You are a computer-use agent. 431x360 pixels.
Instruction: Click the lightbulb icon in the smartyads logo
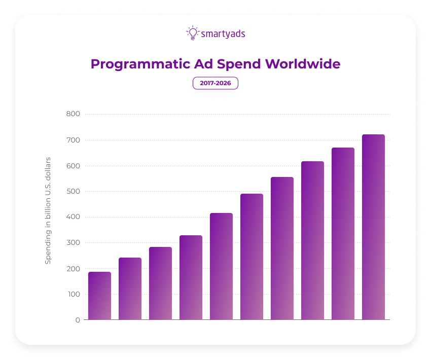click(x=192, y=33)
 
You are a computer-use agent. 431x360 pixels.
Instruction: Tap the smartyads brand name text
click(x=223, y=34)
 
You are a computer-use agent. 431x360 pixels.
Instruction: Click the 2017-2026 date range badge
click(x=215, y=83)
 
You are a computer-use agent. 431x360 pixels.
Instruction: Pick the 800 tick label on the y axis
click(x=73, y=114)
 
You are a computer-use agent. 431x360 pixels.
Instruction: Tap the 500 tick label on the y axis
click(x=73, y=192)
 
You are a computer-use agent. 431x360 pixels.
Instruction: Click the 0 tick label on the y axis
click(x=77, y=320)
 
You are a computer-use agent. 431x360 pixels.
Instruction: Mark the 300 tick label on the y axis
click(x=73, y=243)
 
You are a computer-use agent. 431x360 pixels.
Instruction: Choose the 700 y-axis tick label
click(x=73, y=140)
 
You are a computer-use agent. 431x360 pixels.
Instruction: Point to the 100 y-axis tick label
click(x=73, y=294)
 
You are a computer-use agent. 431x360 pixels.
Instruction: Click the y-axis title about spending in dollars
click(x=48, y=210)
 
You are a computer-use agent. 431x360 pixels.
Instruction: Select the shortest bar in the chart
click(x=99, y=296)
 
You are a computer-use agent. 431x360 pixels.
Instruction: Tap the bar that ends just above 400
click(x=221, y=266)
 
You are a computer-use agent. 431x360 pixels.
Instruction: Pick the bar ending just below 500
click(x=252, y=257)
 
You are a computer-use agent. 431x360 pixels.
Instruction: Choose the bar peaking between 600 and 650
click(x=312, y=240)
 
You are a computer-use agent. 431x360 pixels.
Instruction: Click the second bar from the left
click(x=130, y=289)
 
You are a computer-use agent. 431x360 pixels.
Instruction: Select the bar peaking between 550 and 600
click(x=282, y=248)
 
